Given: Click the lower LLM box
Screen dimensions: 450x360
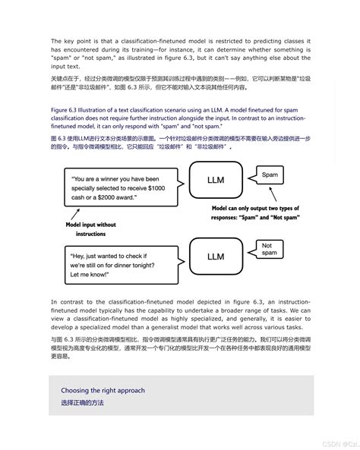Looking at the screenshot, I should coord(216,257).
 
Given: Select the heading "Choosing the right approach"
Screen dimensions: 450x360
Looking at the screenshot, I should coord(103,390).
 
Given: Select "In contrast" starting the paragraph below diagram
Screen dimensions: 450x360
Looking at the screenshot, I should coord(67,301).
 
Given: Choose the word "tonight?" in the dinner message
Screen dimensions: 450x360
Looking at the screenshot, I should coord(153,260).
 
